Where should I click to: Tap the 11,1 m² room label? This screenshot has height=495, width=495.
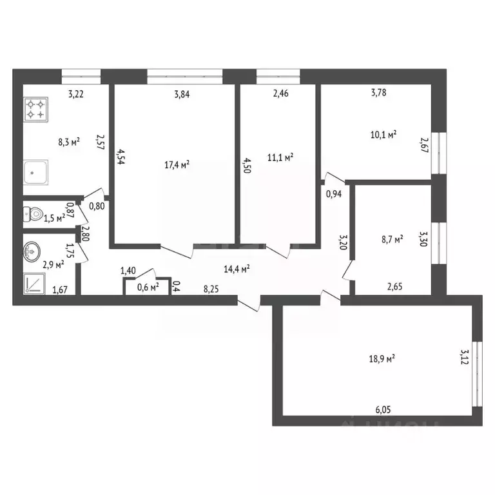click(x=280, y=157)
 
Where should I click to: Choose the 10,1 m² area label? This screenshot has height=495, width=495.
click(x=383, y=135)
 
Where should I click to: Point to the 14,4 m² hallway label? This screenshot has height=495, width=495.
click(x=237, y=269)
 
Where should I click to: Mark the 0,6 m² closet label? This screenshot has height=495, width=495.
click(x=148, y=287)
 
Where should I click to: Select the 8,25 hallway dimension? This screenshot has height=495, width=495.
click(x=210, y=289)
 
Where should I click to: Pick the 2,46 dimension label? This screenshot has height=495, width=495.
click(x=281, y=94)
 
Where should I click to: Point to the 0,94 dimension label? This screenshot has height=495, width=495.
click(x=333, y=193)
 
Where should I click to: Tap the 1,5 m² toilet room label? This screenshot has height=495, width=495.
click(x=53, y=218)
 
